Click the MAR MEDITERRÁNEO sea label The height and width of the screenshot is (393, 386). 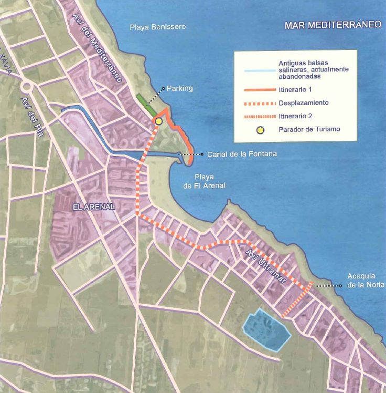coord(333,25)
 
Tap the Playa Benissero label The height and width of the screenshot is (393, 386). coord(158,27)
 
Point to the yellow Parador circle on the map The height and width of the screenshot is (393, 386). coord(158,121)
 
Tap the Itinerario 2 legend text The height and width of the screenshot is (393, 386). coord(294,116)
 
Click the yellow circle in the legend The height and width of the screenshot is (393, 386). coord(260,130)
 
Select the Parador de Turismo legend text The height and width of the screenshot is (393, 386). coord(309,130)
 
